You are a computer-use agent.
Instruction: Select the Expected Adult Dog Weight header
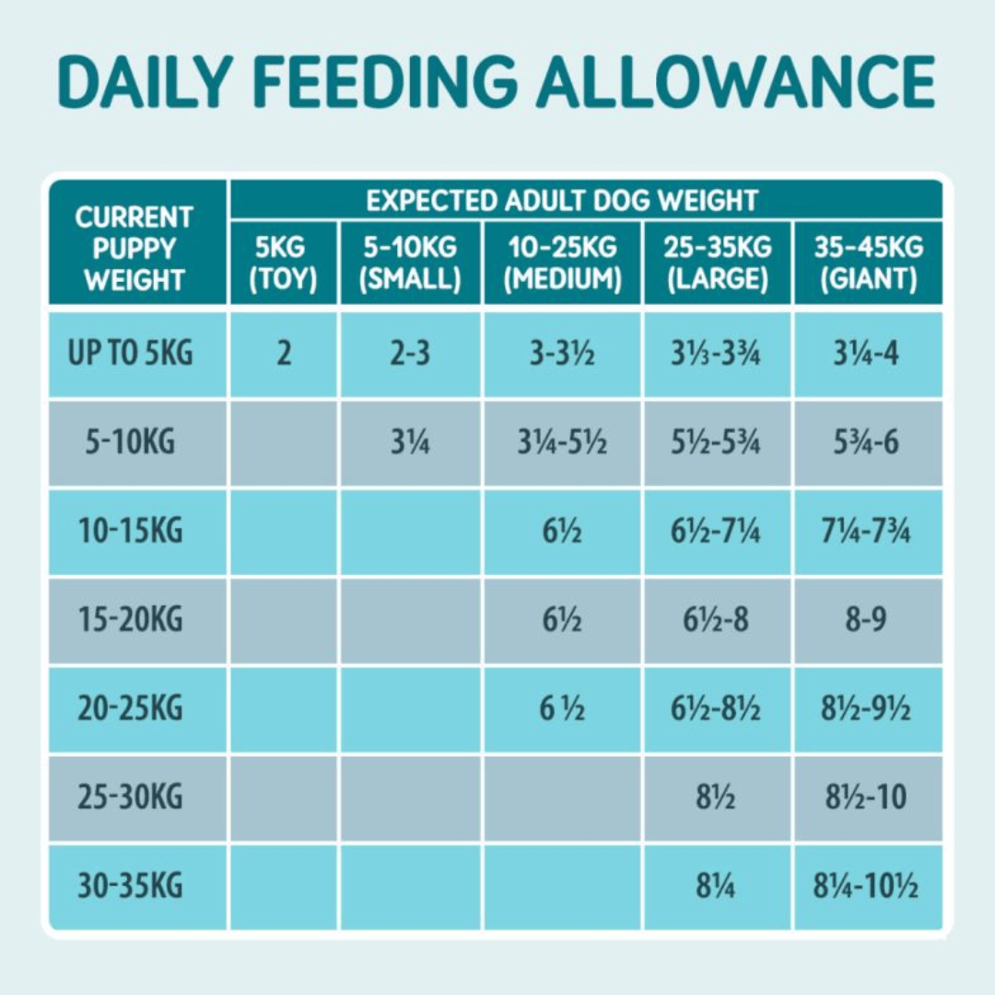point(561,200)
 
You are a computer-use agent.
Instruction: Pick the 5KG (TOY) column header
point(284,263)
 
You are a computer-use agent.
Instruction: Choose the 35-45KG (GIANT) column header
point(868,263)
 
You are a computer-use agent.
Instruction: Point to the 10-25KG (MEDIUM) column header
point(562,263)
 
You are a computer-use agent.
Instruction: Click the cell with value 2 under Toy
point(284,354)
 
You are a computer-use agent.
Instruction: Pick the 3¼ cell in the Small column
point(410,443)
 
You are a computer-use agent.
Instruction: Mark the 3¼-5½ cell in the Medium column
point(562,443)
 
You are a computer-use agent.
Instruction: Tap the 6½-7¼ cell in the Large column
point(716,532)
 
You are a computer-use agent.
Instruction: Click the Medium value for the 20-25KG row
point(562,709)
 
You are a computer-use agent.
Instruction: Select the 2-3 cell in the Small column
point(410,354)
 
